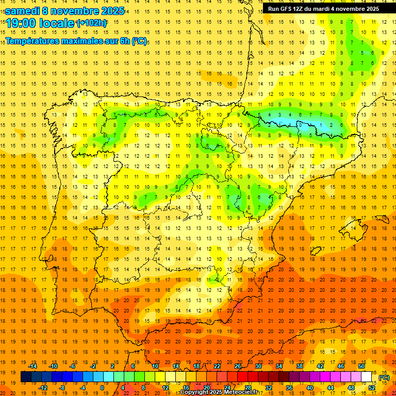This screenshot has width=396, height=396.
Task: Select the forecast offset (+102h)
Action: [x=91, y=23]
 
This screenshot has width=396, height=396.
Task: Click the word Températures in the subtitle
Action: [x=32, y=41]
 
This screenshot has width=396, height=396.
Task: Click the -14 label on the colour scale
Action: [x=33, y=366]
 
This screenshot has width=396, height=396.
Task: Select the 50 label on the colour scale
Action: [x=361, y=366]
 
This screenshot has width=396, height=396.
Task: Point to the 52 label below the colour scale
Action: [x=372, y=388]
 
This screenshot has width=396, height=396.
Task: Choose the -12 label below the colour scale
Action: [x=43, y=388]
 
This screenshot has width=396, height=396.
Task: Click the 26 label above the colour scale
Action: [x=238, y=366]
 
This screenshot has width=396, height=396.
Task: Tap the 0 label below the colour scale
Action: [x=102, y=388]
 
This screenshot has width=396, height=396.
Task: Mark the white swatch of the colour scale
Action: [x=367, y=377]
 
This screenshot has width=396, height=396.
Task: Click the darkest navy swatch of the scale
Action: [x=26, y=377]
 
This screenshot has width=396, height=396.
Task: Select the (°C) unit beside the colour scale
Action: [x=384, y=377]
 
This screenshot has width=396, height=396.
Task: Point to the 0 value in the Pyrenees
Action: [x=300, y=125]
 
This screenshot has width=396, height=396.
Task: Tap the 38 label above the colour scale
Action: [x=300, y=366]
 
